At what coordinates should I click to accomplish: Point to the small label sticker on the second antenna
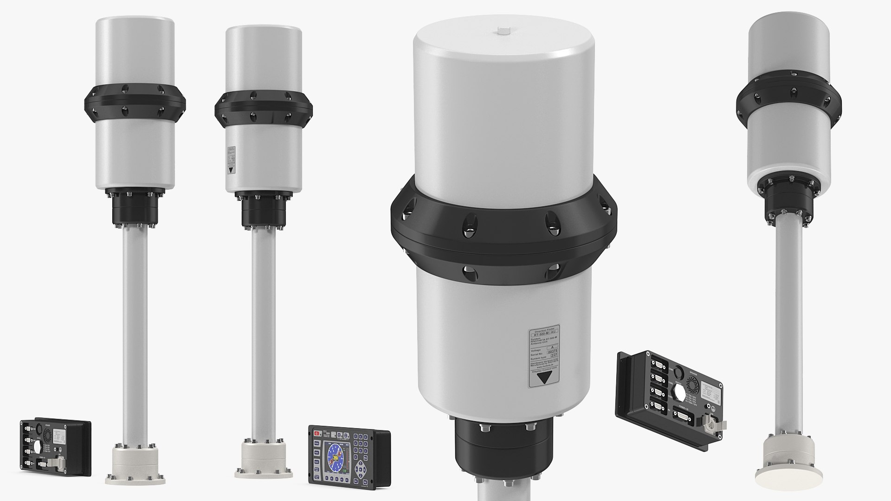tap(231, 160)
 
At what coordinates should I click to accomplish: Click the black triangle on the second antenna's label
tap(231, 170)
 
